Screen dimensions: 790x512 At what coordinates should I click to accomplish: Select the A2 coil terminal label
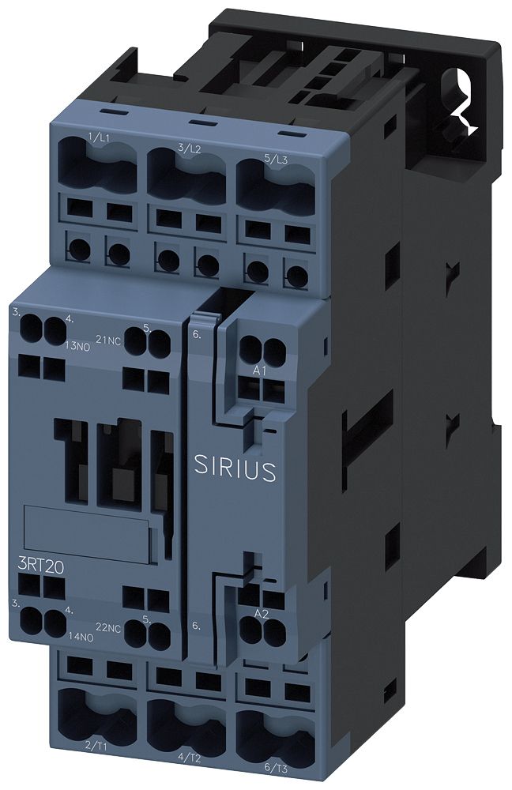pos(259,614)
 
